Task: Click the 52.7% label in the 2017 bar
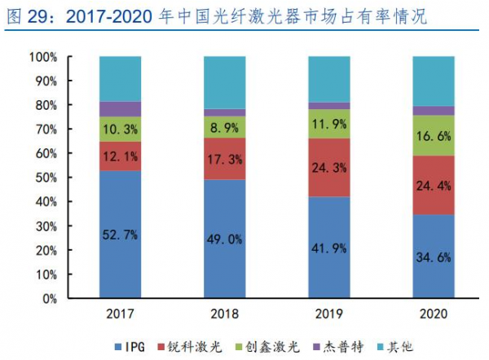(120, 235)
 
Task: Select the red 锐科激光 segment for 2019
(329, 168)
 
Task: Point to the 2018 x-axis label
(224, 314)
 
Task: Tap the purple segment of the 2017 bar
(120, 109)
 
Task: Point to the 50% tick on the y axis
(44, 178)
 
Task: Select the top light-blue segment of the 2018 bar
(224, 83)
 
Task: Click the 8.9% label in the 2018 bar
(224, 128)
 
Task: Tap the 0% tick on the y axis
(47, 298)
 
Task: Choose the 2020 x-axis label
(434, 314)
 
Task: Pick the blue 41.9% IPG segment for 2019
(329, 248)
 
